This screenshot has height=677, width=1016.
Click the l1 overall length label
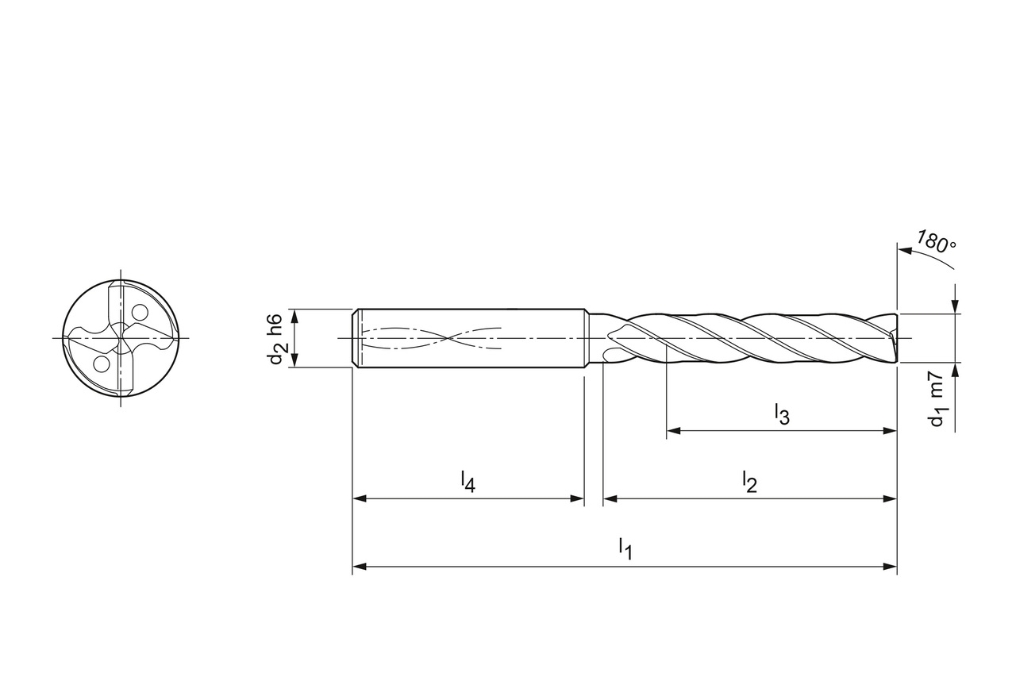coord(625,548)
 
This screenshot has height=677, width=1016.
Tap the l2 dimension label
coord(749,482)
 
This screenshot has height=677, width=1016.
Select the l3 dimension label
coord(782,414)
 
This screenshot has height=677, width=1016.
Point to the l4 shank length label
coord(468,482)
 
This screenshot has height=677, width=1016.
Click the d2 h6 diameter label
coord(277,338)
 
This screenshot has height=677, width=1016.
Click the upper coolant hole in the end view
coord(140,313)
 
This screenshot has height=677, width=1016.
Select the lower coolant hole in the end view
coord(101,364)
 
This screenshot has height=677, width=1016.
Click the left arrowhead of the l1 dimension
coord(360,567)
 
